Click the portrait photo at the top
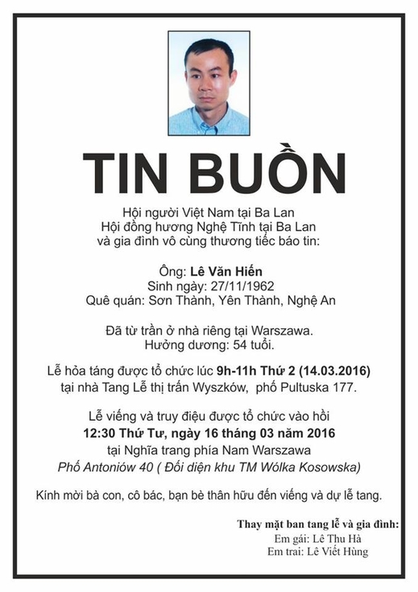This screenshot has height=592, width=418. pos(209,84)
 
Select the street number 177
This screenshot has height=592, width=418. pos(341,388)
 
